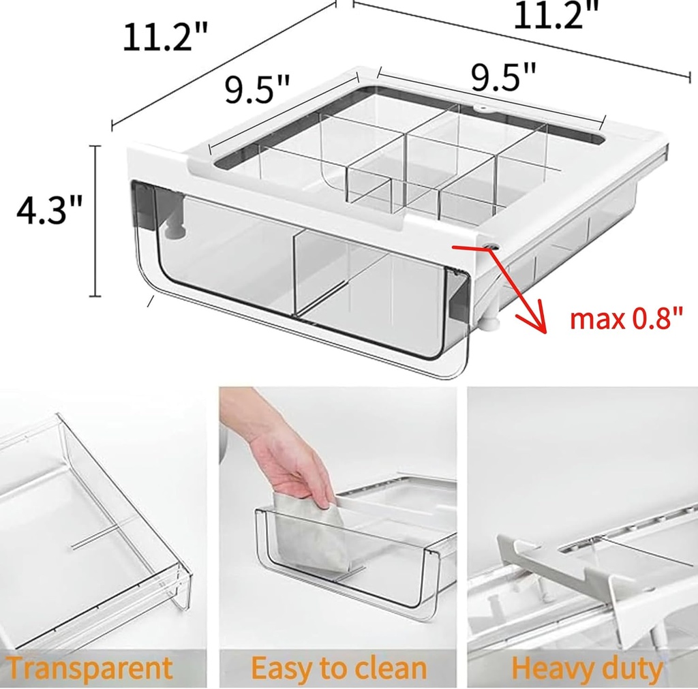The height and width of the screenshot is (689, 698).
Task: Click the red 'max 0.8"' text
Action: coord(626,318)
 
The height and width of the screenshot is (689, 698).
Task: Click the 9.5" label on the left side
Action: coord(258,90)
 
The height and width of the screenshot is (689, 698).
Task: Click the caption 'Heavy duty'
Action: coord(587,669)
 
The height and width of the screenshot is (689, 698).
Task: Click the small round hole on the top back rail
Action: coord(483,108)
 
